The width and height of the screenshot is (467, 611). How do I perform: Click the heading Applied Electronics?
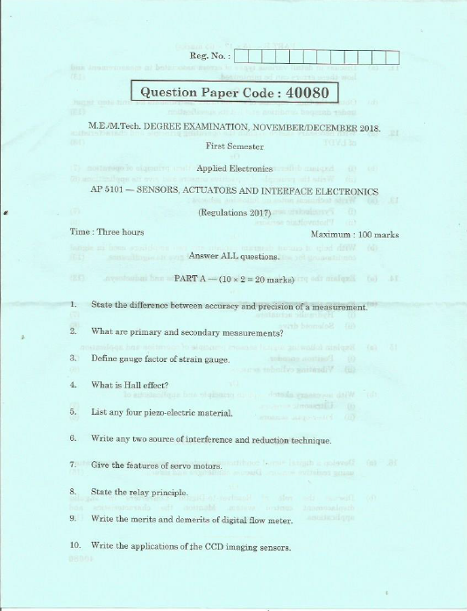point(234,167)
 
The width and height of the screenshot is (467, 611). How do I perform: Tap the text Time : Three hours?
point(106,232)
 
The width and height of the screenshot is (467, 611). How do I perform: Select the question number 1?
point(72,304)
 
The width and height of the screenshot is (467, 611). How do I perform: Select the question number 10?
point(74,548)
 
